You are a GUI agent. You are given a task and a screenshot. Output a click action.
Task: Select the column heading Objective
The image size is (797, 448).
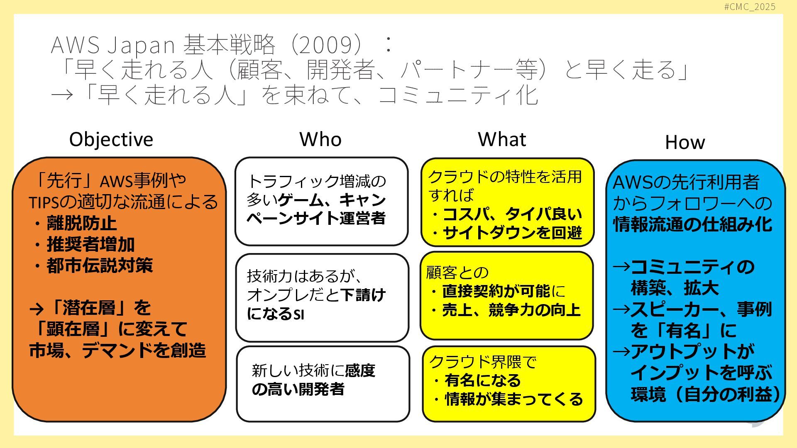(111, 139)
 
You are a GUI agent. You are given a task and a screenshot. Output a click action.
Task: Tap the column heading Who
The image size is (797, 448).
(320, 139)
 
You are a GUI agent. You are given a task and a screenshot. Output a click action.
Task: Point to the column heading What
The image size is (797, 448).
(502, 139)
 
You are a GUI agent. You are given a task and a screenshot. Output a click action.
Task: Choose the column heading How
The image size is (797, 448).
(685, 142)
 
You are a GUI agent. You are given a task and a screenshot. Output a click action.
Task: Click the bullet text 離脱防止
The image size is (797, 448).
(82, 223)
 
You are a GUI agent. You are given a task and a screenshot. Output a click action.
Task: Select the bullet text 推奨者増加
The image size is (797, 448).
(90, 244)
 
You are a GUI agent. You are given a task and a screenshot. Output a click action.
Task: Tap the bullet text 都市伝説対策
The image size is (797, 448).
(100, 265)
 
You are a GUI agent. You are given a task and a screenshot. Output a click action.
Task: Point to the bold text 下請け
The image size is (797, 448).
(363, 295)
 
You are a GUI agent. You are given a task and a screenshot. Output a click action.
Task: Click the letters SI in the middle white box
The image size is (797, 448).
(299, 315)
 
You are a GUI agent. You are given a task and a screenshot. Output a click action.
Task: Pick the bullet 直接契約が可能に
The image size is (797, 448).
(504, 291)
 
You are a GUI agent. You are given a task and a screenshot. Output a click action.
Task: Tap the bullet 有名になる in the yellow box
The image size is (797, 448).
(483, 380)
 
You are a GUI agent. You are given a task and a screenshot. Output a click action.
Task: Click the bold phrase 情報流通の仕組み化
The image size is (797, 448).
(692, 224)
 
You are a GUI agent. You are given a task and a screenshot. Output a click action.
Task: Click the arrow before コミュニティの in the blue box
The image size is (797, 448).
(621, 267)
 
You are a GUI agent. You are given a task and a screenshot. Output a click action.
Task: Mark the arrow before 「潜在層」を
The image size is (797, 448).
(37, 308)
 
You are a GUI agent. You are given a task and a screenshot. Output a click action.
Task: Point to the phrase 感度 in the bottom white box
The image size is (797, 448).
(360, 370)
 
